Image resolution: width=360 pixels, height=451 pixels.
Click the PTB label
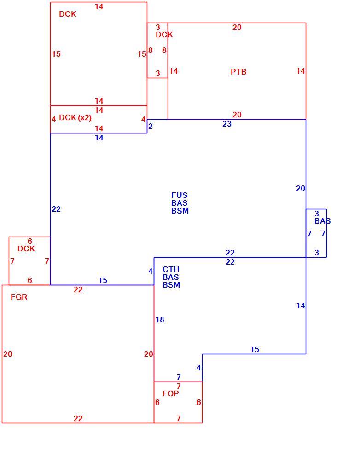(x=238, y=72)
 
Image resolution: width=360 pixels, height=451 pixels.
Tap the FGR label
(x=19, y=297)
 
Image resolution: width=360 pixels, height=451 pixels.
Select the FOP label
(x=171, y=393)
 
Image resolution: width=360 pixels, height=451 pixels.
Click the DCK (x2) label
(x=75, y=118)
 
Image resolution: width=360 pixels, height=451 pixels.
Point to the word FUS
(x=179, y=195)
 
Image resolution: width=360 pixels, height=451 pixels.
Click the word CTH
(x=171, y=270)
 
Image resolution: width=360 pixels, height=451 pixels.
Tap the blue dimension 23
(x=227, y=124)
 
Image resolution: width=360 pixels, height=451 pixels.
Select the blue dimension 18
(x=160, y=319)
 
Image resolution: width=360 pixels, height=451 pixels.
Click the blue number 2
(x=151, y=126)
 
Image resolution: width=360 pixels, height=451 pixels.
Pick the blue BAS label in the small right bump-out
(x=322, y=221)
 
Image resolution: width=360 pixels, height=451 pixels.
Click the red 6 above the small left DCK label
(x=29, y=241)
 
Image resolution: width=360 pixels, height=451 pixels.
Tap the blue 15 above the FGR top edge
(x=103, y=280)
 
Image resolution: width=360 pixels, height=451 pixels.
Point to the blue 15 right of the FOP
(x=255, y=349)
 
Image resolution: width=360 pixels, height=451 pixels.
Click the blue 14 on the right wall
(x=301, y=306)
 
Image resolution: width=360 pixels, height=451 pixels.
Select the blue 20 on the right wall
(x=301, y=188)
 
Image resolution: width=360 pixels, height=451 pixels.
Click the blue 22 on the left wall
(x=56, y=209)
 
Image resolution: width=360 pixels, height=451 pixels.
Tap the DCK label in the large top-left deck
(x=68, y=14)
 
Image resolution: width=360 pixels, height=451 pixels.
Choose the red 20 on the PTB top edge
(x=237, y=27)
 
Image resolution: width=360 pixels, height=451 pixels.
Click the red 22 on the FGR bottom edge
(x=78, y=418)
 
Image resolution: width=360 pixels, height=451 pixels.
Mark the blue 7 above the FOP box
(x=179, y=377)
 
